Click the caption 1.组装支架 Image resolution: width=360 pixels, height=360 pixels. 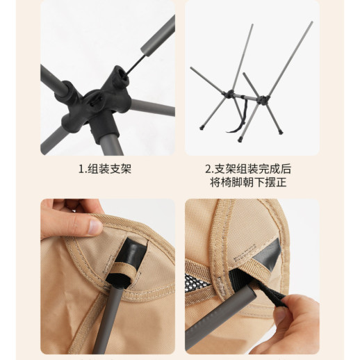(105, 169)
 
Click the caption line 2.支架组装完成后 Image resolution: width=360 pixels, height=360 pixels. (248, 169)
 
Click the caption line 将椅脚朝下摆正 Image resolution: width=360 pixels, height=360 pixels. (248, 182)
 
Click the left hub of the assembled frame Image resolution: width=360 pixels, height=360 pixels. (230, 94)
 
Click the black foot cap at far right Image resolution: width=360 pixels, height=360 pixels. (281, 132)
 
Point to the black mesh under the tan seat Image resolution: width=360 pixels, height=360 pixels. (197, 281)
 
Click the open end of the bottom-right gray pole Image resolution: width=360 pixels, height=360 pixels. (249, 291)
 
